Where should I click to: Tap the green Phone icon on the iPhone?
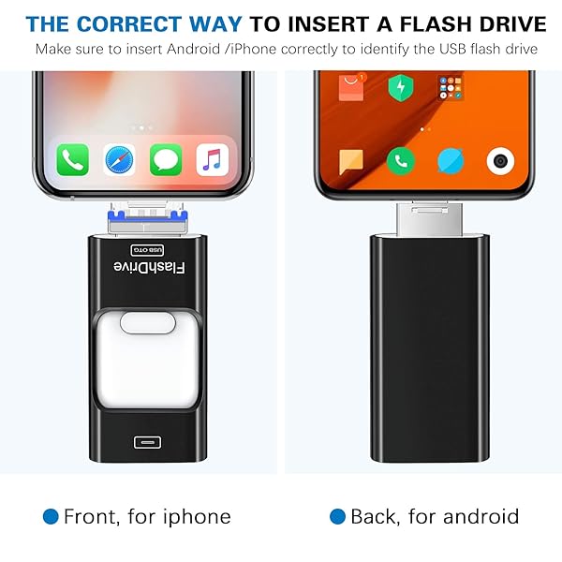(72, 159)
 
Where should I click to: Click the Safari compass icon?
(119, 159)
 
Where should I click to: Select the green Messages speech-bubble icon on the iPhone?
(166, 159)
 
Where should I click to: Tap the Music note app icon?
(213, 159)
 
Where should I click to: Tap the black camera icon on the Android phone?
(501, 160)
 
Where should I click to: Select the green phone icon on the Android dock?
(402, 160)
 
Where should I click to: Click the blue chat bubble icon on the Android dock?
(451, 160)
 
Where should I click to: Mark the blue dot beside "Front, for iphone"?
(51, 516)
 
